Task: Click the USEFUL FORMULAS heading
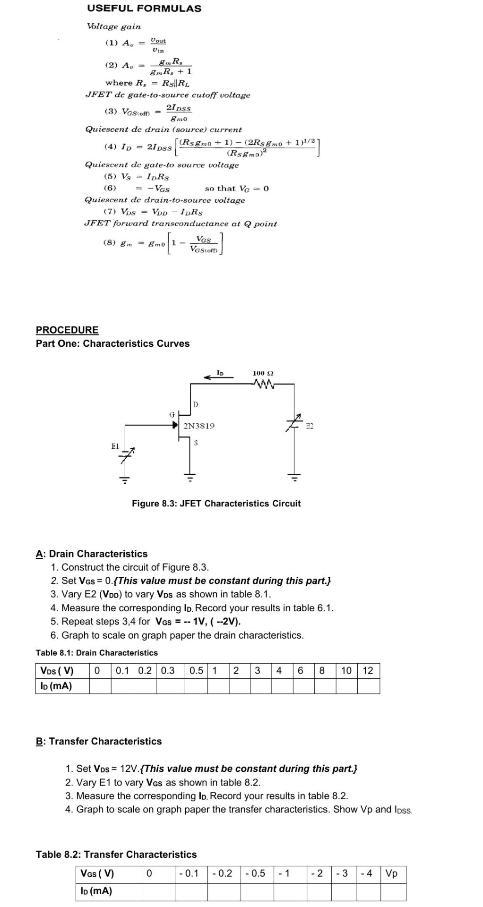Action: (x=144, y=9)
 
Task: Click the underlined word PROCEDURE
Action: (x=67, y=330)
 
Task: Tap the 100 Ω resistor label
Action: (x=263, y=373)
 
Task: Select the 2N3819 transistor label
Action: (x=198, y=426)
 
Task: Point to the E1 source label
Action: (x=115, y=446)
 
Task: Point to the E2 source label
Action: (x=310, y=426)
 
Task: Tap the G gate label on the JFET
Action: (x=172, y=414)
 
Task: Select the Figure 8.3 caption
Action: (x=216, y=504)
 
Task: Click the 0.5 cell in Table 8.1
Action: (x=196, y=671)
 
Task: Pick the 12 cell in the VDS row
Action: (x=368, y=671)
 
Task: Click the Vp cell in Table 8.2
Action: (x=392, y=873)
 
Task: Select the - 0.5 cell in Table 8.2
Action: (x=256, y=873)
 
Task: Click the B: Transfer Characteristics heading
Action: (x=99, y=741)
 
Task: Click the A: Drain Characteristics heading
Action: (x=92, y=554)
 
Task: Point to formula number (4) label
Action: (x=110, y=147)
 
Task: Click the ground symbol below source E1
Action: (x=124, y=479)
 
